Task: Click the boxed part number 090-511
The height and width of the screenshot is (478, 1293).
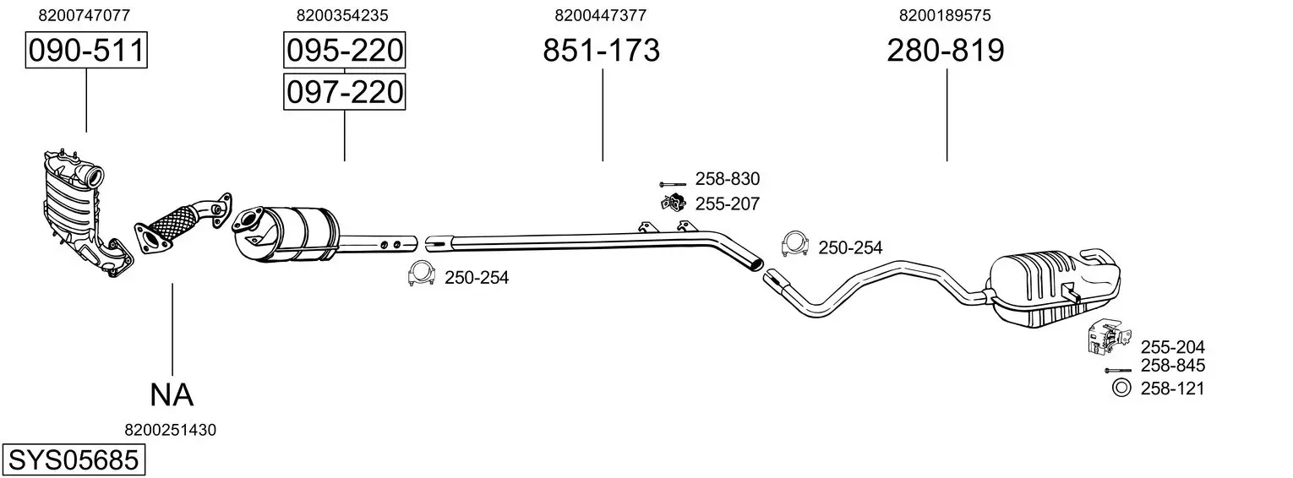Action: [x=86, y=50]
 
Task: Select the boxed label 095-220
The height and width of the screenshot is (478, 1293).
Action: [x=345, y=50]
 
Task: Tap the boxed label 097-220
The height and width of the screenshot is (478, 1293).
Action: [x=345, y=92]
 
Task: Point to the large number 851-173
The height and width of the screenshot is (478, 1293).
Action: [x=601, y=50]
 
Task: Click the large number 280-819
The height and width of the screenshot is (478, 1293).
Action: [x=946, y=50]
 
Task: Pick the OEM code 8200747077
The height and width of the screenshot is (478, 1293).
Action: [x=85, y=15]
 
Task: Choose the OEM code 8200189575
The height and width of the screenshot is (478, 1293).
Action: [x=945, y=15]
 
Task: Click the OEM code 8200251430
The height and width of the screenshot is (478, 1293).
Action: [x=170, y=430]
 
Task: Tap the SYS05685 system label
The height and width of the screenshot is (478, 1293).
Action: [x=74, y=459]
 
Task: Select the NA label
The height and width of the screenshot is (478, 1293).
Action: [x=172, y=395]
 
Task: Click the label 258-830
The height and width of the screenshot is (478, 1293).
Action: [x=728, y=179]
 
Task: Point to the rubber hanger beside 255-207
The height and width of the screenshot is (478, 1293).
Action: [x=673, y=203]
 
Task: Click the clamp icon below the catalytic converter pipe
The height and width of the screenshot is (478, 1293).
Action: [x=421, y=274]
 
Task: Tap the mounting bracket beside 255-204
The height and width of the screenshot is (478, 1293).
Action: [x=1109, y=335]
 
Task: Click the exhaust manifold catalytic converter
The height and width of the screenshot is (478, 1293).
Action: [x=86, y=214]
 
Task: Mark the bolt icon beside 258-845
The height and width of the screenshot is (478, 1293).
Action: [x=1118, y=370]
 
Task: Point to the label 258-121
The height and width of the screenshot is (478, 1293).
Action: [x=1172, y=388]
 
